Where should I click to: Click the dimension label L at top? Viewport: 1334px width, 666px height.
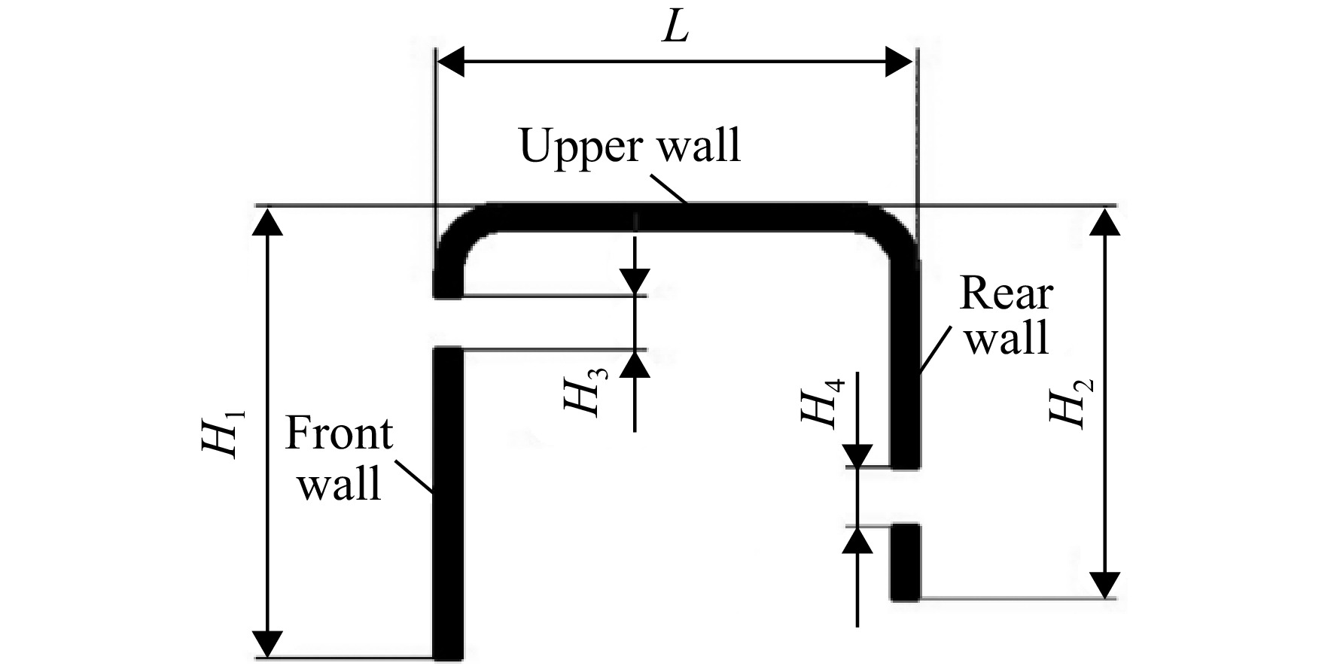click(x=676, y=29)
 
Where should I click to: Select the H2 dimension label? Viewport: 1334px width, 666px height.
click(x=1071, y=403)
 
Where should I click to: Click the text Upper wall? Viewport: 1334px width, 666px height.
click(x=630, y=146)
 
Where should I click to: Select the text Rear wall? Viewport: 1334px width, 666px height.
click(x=1007, y=315)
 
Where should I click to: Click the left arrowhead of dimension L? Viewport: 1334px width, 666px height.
click(x=450, y=62)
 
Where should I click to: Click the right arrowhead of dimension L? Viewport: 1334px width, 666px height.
click(x=900, y=62)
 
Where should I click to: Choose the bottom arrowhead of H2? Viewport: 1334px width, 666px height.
click(x=1104, y=584)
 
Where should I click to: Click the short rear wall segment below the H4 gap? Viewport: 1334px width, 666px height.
click(x=905, y=563)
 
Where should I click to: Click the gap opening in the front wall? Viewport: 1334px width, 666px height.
click(x=449, y=323)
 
